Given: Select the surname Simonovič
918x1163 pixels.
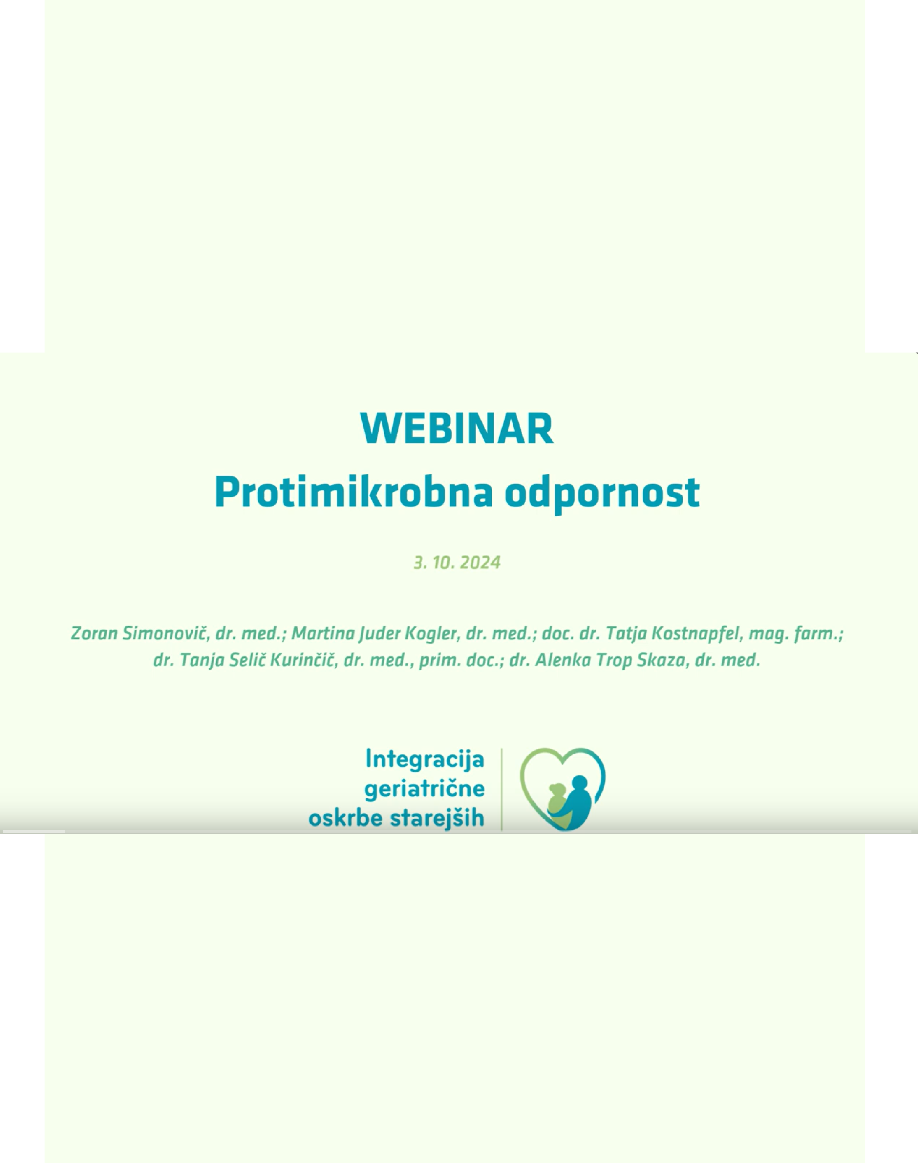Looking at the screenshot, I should pos(164,634).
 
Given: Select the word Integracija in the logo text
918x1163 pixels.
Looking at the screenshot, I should pos(425,759).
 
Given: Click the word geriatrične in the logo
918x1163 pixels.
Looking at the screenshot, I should pos(425,789).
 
